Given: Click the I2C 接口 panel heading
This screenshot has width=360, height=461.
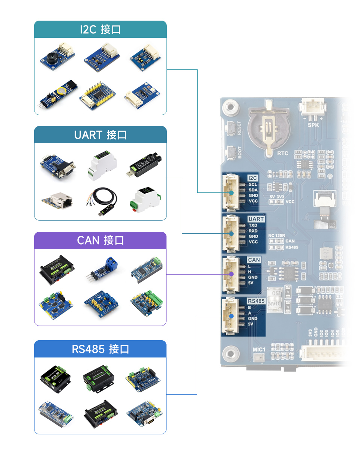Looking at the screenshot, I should [x=100, y=30].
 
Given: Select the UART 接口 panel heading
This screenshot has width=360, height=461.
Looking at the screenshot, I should [x=100, y=135].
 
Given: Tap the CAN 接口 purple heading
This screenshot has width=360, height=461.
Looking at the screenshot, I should [x=100, y=240].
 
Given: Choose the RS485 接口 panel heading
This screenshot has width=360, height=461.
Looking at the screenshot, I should [x=100, y=349].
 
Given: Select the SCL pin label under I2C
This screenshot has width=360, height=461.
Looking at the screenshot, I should [x=253, y=185].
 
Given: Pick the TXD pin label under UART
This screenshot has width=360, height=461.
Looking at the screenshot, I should [x=253, y=225].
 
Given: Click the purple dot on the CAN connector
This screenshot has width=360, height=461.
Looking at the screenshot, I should [x=231, y=274].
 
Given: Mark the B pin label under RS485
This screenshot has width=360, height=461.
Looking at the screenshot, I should [x=249, y=308].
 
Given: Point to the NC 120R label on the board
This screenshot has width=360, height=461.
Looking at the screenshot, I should [x=277, y=236].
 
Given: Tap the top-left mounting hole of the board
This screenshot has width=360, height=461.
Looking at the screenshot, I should [x=230, y=107].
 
